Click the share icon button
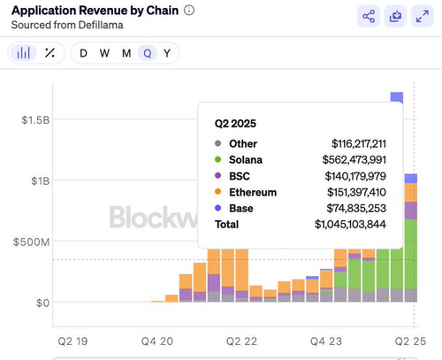point(369,16)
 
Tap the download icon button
point(395,16)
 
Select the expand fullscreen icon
point(423,16)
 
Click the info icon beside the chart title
point(189,11)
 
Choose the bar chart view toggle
point(24,53)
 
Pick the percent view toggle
point(50,53)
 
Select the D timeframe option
point(83,53)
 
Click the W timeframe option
point(104,53)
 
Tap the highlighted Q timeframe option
point(148,53)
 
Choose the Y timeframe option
point(167,53)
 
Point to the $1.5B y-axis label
point(35,120)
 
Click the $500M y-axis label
point(31,242)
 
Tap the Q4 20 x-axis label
point(157,341)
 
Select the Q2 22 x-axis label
point(241,341)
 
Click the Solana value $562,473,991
point(354,160)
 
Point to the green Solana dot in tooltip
point(218,160)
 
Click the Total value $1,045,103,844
point(350,225)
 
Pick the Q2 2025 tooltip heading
point(235,123)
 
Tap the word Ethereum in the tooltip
point(253,192)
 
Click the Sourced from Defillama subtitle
point(67,25)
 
